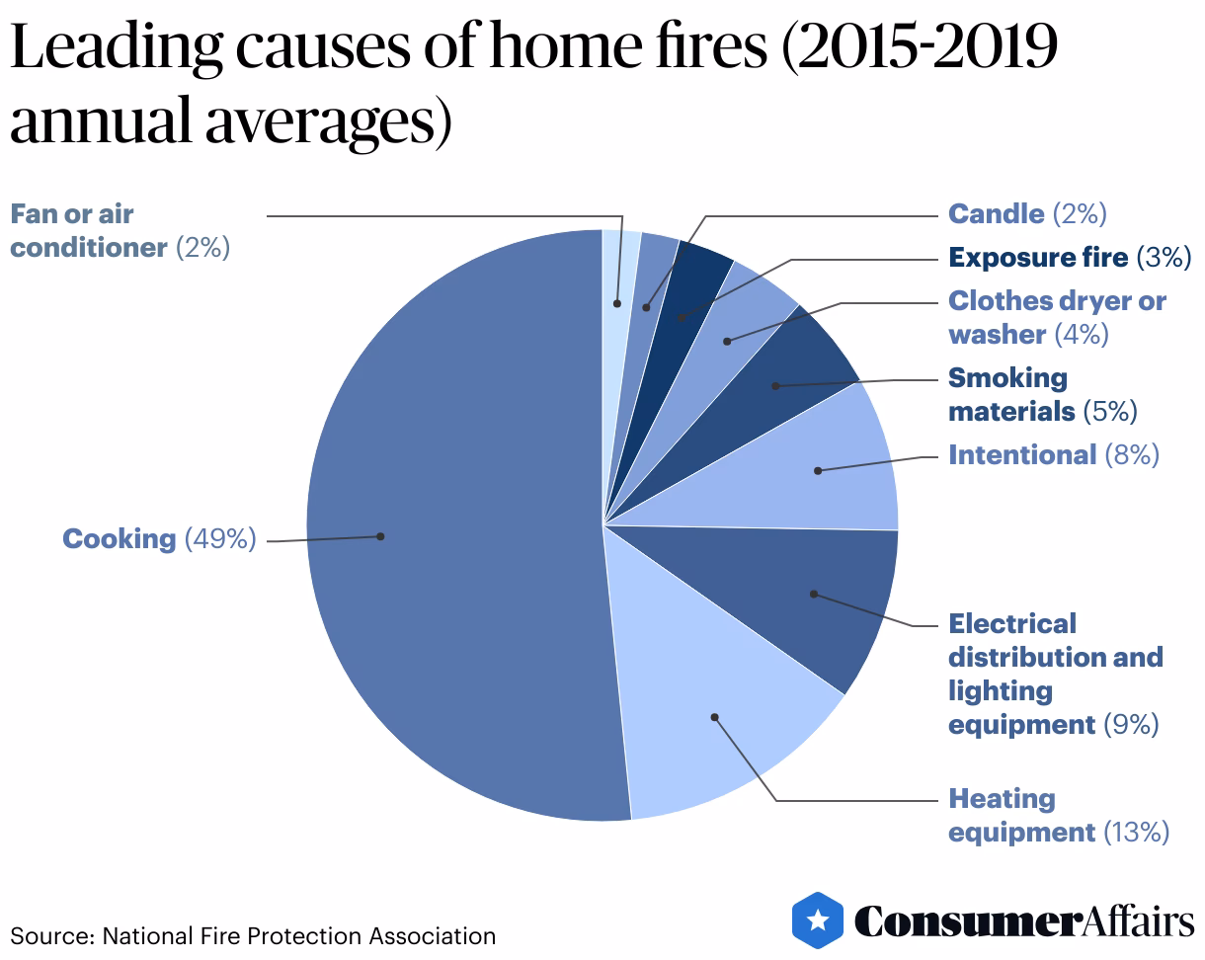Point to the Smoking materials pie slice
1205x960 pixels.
790,380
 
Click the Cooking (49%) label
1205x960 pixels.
158,539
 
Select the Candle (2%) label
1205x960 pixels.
1027,213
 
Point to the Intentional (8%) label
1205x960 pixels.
1053,454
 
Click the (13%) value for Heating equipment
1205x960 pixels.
1137,833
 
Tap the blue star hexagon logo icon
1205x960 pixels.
818,920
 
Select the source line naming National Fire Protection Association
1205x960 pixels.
253,935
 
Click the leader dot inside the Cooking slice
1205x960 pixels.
380,536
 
